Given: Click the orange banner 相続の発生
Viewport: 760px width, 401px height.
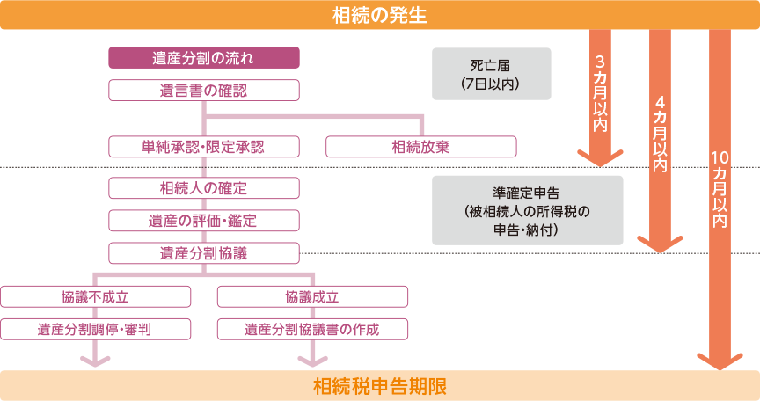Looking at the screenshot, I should click(x=380, y=15).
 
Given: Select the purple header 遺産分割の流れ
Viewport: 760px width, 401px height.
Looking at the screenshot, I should click(x=204, y=59).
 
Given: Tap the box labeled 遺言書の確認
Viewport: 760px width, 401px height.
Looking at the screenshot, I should click(x=204, y=90).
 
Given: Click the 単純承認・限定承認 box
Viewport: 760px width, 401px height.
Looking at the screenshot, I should click(x=204, y=146).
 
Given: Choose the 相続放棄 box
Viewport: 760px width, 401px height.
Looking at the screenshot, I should click(x=420, y=146).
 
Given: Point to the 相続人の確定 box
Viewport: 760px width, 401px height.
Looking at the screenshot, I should click(x=204, y=187).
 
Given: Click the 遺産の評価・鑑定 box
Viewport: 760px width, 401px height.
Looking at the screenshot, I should click(x=204, y=220).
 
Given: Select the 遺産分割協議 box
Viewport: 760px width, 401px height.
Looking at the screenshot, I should click(x=204, y=253).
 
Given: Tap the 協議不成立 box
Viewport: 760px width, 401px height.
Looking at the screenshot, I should click(x=96, y=296).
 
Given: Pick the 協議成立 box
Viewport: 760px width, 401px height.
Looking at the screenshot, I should click(x=312, y=296).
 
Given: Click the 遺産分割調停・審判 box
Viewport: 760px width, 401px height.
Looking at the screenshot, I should click(x=96, y=329).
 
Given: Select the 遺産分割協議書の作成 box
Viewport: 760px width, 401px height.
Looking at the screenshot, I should click(x=312, y=329).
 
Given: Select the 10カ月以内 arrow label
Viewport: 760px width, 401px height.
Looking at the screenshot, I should click(x=719, y=189).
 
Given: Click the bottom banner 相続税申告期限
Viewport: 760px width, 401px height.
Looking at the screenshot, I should click(x=380, y=386).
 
